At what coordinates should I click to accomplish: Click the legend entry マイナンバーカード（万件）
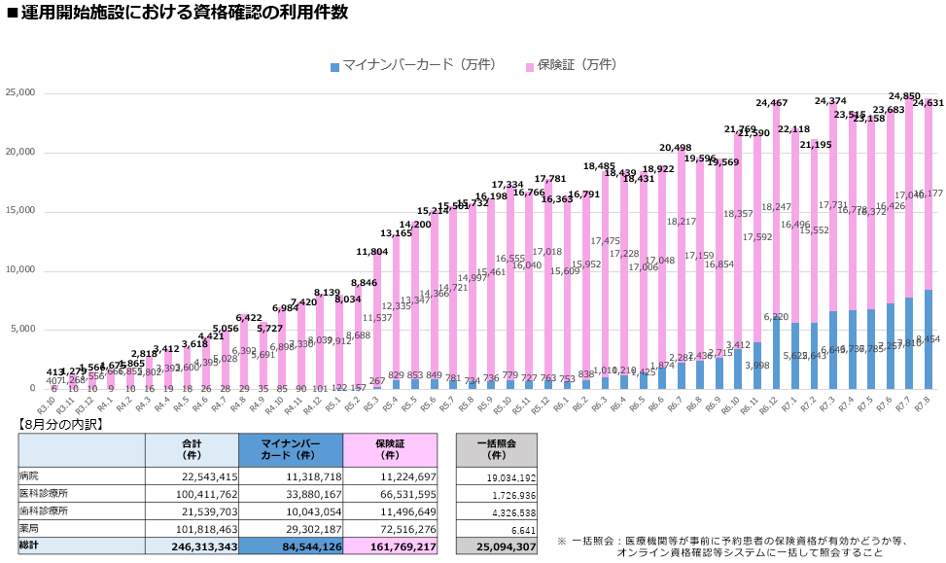(x=412, y=65)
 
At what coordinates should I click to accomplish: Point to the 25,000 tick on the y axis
(x=20, y=92)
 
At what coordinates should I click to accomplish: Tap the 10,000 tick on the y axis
(x=20, y=269)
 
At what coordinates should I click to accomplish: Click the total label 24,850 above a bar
(x=904, y=97)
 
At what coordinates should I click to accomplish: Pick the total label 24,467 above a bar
(x=773, y=103)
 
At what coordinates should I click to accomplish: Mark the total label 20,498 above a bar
(x=677, y=148)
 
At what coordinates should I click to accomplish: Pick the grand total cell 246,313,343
(x=193, y=547)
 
